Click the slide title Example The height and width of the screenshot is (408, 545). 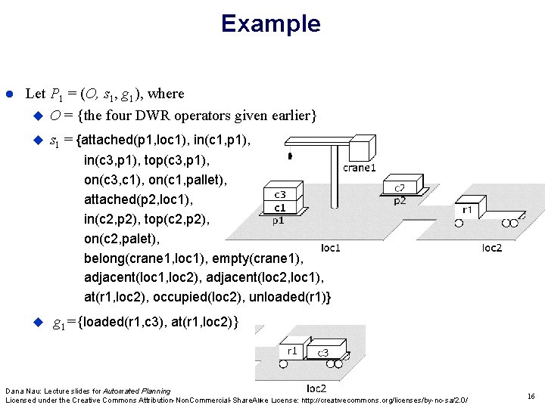coord(271,23)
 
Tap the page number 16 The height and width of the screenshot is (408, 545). coord(531,395)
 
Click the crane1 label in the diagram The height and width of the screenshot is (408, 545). coord(360,168)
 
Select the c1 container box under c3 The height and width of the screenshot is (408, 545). coord(279,208)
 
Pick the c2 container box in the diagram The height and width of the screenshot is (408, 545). coord(399,187)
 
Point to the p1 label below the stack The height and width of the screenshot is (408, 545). coord(278,221)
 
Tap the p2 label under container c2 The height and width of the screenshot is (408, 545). coord(399,201)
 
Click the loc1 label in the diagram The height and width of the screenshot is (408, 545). coord(331,247)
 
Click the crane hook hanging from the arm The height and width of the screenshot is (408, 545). coord(290,156)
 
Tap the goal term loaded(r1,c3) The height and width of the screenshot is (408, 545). coord(120,323)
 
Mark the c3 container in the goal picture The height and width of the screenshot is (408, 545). coord(322,352)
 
